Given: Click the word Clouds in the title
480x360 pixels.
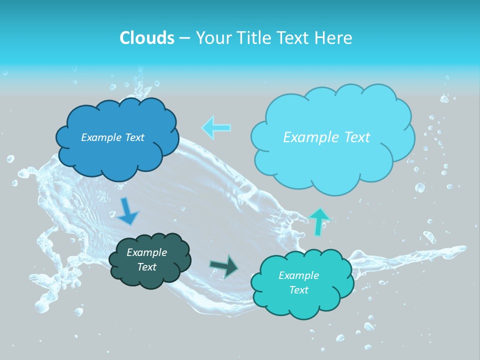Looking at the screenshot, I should [x=146, y=38].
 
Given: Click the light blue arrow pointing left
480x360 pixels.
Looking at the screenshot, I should [x=216, y=127].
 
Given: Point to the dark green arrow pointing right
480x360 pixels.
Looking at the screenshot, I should [x=224, y=266].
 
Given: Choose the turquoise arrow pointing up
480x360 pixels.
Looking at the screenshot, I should [x=318, y=221].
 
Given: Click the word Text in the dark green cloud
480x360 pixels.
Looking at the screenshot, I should [x=146, y=267].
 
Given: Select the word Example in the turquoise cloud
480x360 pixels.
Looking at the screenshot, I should [x=298, y=275].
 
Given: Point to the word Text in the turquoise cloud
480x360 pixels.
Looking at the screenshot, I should [x=298, y=290].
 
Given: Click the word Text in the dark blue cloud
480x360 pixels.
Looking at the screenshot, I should [x=134, y=137].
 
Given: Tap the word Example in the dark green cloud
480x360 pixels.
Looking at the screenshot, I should [x=146, y=252].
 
